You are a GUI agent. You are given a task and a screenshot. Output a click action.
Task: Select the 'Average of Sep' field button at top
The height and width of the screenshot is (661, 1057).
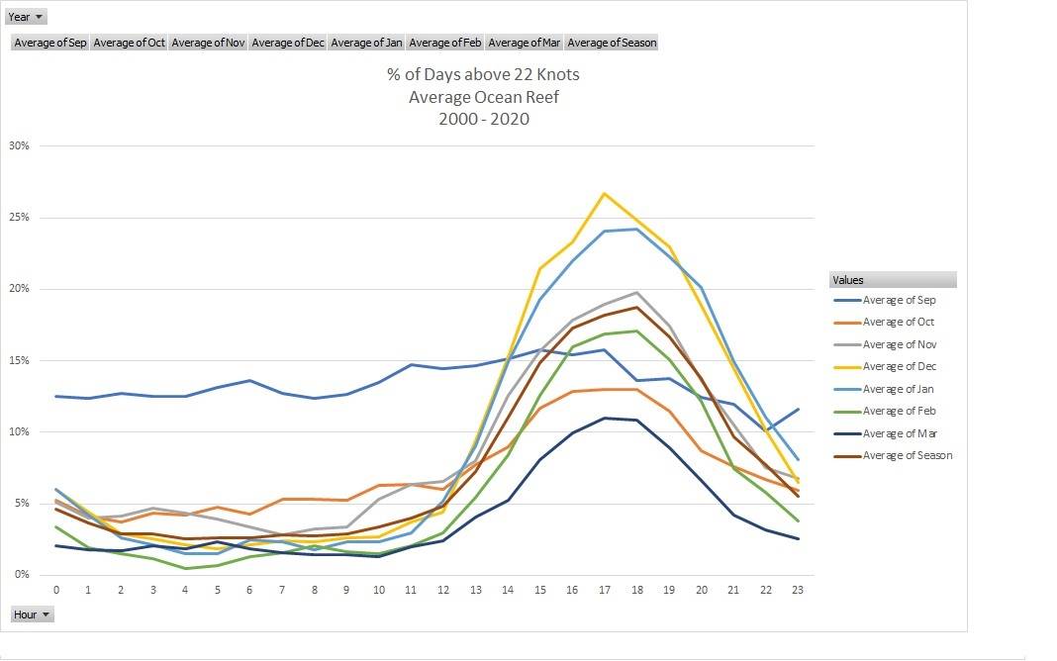(50, 43)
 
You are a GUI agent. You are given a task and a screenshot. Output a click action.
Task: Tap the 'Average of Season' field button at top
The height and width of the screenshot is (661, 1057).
(612, 43)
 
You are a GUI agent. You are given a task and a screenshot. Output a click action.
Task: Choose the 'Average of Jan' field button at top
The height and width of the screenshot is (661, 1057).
(366, 43)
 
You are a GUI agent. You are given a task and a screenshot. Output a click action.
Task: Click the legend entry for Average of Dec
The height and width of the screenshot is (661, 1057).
(899, 367)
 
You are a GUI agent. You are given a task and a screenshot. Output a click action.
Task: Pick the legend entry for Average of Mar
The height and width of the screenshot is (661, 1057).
(899, 433)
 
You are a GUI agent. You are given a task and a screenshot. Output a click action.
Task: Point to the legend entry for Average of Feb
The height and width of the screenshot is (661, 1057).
(899, 412)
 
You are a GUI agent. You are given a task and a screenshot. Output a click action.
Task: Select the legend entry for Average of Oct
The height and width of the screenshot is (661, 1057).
(899, 323)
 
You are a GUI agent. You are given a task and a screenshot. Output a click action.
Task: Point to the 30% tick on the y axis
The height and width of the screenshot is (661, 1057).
(19, 145)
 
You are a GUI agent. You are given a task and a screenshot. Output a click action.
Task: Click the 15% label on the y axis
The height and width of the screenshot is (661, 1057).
(19, 360)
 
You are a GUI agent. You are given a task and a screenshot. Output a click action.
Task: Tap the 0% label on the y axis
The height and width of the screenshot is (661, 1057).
(22, 575)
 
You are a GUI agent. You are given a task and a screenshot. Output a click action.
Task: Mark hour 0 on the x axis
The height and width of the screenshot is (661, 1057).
(55, 590)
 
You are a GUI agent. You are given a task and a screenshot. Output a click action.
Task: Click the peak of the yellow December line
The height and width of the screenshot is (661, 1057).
(605, 194)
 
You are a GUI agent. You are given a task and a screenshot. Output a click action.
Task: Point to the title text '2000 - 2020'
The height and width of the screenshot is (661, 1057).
(483, 119)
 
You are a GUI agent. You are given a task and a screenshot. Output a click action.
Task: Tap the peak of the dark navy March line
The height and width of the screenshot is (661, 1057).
(605, 418)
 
